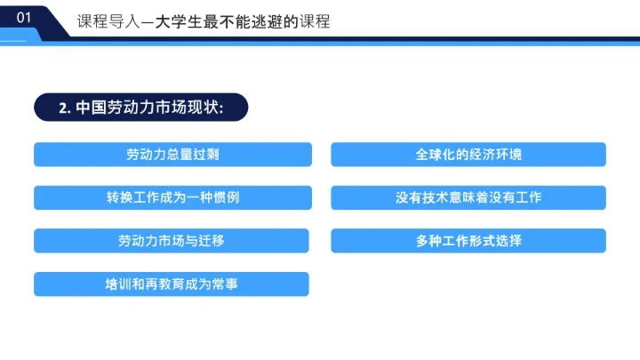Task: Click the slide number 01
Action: pyautogui.click(x=25, y=17)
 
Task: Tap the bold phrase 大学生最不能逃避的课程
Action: pyautogui.click(x=242, y=21)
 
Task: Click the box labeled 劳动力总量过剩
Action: pyautogui.click(x=172, y=155)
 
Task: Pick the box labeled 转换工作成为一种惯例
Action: pyautogui.click(x=172, y=197)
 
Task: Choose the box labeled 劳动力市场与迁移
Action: pyautogui.click(x=172, y=241)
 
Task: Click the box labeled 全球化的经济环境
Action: pyautogui.click(x=468, y=155)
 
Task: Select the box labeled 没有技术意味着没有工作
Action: pyautogui.click(x=468, y=197)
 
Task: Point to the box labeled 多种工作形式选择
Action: pyautogui.click(x=468, y=241)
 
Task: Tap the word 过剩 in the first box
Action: pyautogui.click(x=207, y=155)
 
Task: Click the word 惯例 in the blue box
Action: pyautogui.click(x=228, y=197)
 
